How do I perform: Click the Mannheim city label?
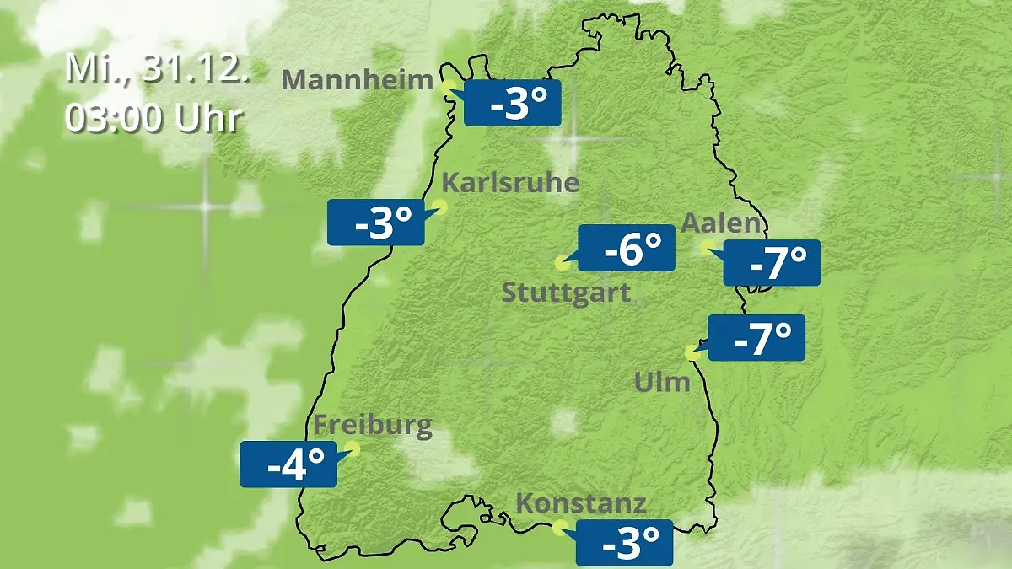(358, 80)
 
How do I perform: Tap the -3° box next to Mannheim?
(512, 104)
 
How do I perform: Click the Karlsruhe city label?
(510, 183)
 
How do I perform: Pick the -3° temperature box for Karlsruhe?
(375, 223)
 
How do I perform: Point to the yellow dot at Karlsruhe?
(439, 206)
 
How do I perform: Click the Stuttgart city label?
(566, 293)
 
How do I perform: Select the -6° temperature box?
(626, 248)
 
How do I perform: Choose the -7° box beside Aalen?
(772, 263)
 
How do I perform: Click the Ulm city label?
(662, 382)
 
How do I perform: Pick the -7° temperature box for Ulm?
(756, 338)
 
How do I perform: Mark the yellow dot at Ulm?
(692, 353)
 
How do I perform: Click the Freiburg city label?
(373, 426)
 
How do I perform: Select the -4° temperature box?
(288, 464)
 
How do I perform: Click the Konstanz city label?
(581, 504)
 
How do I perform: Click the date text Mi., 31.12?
(158, 69)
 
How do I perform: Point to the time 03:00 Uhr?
(153, 118)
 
